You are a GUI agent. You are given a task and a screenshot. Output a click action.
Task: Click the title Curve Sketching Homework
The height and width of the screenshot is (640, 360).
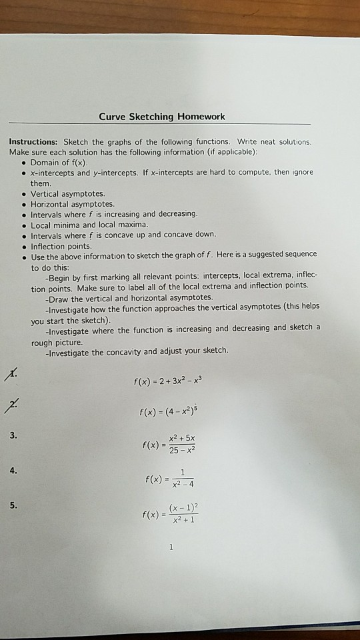[x=162, y=117]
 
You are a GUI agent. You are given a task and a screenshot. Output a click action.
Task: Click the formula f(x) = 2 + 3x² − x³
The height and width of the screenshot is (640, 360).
[x=171, y=382]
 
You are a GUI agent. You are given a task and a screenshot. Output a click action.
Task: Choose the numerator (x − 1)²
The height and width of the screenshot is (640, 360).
[x=183, y=507]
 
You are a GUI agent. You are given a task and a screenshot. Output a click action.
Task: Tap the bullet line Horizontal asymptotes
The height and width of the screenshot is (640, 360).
[x=73, y=203]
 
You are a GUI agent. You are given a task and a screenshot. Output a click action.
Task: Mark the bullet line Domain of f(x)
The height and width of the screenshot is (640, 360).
[x=59, y=162]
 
